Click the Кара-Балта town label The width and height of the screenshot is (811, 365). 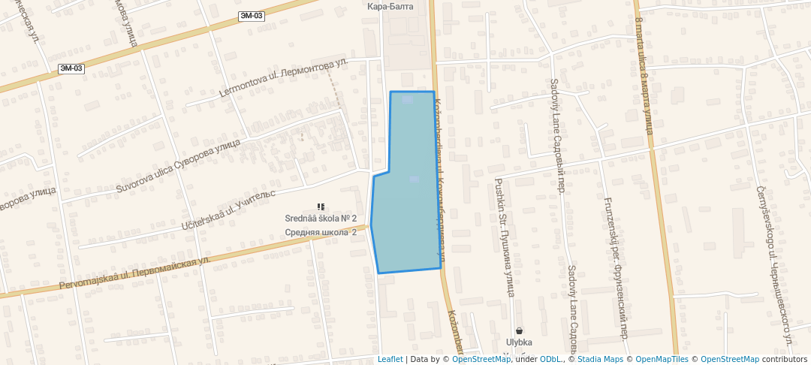pos(390,7)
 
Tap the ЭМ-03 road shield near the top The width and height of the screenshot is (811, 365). pos(252,16)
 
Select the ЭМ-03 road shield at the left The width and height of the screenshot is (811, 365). pos(71,68)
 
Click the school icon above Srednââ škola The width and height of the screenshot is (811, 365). pos(321,207)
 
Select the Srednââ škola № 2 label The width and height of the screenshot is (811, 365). pos(320,219)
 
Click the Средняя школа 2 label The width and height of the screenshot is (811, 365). pos(320,232)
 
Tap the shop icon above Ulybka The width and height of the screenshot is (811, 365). pos(519,330)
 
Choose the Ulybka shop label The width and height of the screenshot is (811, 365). pos(519,342)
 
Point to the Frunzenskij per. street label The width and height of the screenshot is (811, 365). pos(615,267)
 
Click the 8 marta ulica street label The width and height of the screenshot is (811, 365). pos(644,83)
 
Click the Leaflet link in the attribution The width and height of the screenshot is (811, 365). pos(390,359)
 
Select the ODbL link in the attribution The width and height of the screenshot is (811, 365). pos(551,359)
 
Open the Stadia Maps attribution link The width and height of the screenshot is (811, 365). pos(599,359)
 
